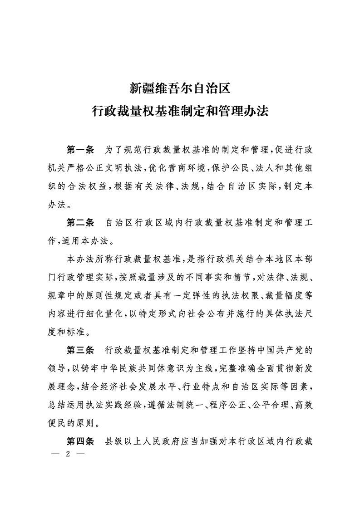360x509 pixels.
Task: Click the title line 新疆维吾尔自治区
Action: (x=180, y=87)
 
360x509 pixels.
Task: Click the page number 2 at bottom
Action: (x=67, y=455)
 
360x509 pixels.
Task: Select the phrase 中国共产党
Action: (x=279, y=350)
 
